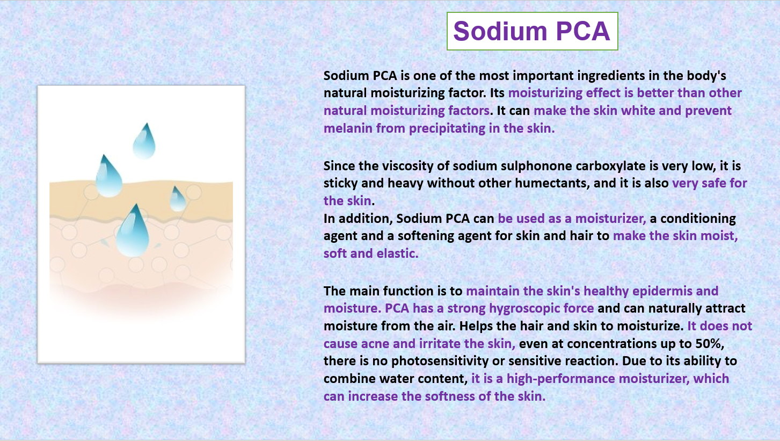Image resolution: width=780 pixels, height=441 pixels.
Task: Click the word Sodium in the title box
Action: pyautogui.click(x=500, y=31)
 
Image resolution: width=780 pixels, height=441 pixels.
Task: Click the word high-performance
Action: pyautogui.click(x=560, y=379)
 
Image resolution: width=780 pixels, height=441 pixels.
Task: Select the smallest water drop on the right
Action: pyautogui.click(x=178, y=199)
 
